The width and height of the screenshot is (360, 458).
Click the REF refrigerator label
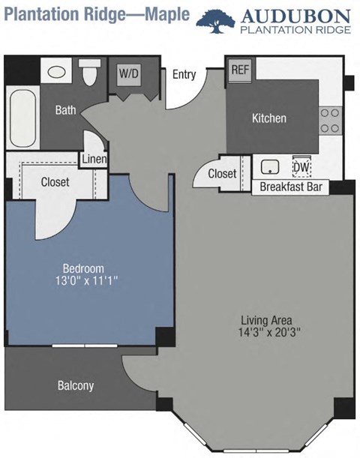coord(240,70)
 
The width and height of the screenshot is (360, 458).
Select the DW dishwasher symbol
coord(301,167)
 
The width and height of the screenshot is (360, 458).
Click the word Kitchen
coord(268,118)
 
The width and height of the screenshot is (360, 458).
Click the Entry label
coord(184,74)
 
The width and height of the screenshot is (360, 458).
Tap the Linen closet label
coord(94,159)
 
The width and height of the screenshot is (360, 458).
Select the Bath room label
coord(66,111)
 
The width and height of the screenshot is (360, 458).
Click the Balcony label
coord(76,386)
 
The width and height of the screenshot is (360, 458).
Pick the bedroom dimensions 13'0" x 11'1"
coord(82,281)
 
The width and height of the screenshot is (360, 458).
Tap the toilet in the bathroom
coord(90,73)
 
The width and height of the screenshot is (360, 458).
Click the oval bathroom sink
coord(57,73)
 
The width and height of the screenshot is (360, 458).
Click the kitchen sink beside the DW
coord(271,166)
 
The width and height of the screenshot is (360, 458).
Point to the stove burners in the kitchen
coord(328,120)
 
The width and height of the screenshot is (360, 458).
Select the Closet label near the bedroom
coord(55,181)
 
